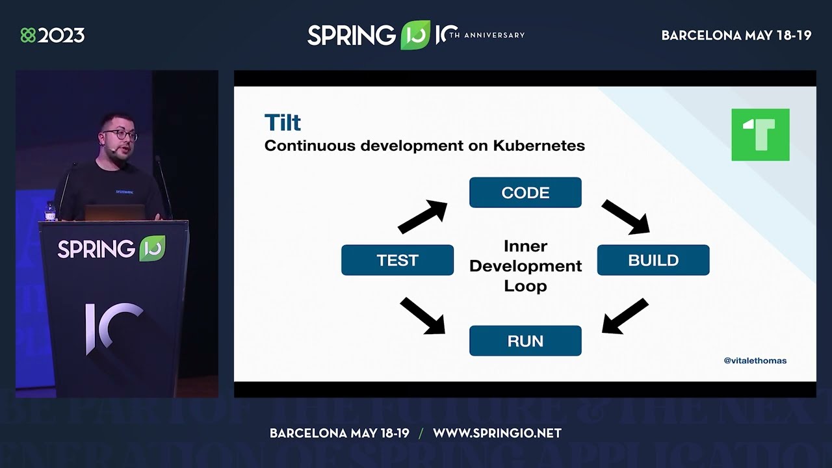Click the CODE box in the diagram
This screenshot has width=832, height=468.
click(525, 192)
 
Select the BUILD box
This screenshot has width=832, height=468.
click(653, 260)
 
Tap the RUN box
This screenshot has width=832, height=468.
click(525, 341)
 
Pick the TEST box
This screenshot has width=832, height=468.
click(397, 260)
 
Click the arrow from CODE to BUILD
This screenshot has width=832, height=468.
click(625, 216)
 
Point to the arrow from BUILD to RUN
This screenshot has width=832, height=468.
click(625, 316)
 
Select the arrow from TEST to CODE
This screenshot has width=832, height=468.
click(422, 217)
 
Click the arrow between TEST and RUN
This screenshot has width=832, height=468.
click(422, 316)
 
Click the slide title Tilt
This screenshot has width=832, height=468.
click(282, 122)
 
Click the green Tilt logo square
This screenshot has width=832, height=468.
click(760, 135)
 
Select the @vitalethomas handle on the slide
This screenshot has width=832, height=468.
click(755, 360)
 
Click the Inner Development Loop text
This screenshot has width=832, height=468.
click(525, 266)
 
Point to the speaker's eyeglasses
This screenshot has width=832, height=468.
click(120, 135)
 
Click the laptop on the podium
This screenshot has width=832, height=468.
click(114, 213)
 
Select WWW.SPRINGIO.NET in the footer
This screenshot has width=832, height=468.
click(497, 433)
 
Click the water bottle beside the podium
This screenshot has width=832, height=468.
click(50, 211)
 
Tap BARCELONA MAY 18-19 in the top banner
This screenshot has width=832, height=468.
click(736, 35)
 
